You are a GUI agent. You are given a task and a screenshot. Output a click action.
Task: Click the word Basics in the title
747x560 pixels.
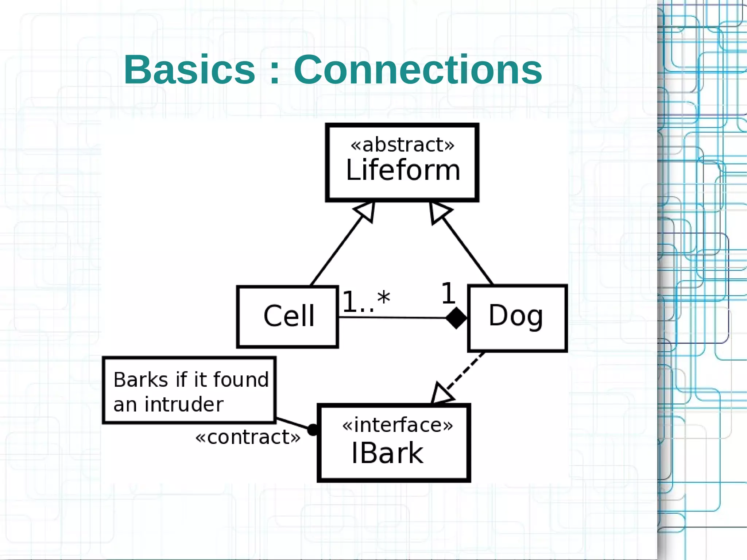coord(189,70)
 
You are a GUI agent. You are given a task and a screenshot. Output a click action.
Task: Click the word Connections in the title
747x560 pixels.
coord(418,70)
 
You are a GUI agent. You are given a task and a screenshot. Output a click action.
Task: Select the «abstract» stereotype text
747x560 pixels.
coord(402,145)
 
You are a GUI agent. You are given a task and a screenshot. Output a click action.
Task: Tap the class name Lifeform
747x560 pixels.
coord(403,170)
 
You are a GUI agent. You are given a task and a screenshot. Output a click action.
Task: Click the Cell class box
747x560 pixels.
coord(288,316)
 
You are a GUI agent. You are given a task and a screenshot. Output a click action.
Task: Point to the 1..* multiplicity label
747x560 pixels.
coord(365,301)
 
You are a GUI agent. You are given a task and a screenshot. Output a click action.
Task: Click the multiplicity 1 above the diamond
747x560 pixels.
coord(448,294)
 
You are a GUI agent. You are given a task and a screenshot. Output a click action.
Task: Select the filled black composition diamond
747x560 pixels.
coord(456,318)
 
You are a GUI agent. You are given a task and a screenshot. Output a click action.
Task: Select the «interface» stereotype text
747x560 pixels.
coord(397,425)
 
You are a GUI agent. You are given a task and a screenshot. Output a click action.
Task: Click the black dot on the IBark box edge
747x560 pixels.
coord(313,430)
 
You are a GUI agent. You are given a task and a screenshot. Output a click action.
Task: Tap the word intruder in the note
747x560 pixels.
coord(184,405)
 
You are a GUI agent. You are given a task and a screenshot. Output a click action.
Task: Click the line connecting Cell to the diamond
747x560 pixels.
coord(392,318)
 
